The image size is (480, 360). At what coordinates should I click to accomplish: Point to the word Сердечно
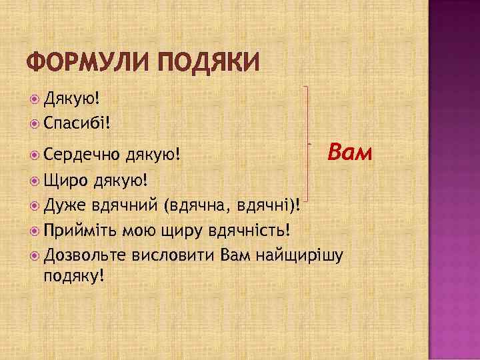[x=80, y=155]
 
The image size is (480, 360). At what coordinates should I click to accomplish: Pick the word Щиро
[x=66, y=180]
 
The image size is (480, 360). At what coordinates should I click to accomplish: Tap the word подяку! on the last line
[x=73, y=275]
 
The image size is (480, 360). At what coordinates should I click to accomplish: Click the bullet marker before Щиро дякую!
[x=35, y=180]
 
